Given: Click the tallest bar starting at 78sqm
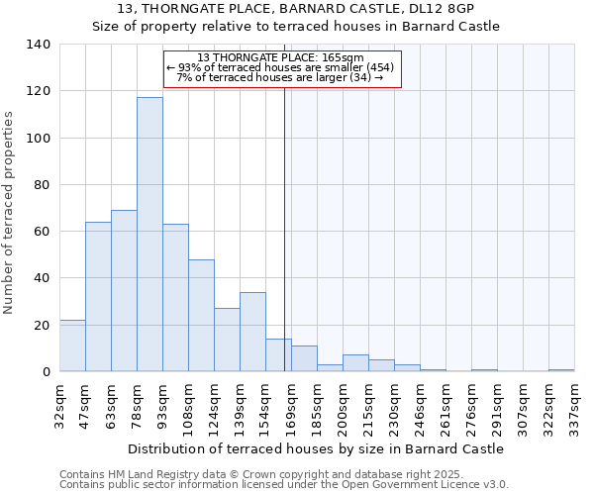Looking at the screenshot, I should point(149,235).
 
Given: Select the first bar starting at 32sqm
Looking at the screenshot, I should point(72,346).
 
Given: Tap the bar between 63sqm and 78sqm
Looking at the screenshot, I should point(124,291).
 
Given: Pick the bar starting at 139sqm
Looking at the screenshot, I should point(252,332).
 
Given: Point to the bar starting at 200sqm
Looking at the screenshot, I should point(355,363).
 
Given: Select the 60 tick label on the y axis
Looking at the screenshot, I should point(41,232).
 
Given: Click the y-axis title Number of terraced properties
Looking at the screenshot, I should point(9,213).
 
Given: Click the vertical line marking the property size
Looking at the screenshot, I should point(285,247).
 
